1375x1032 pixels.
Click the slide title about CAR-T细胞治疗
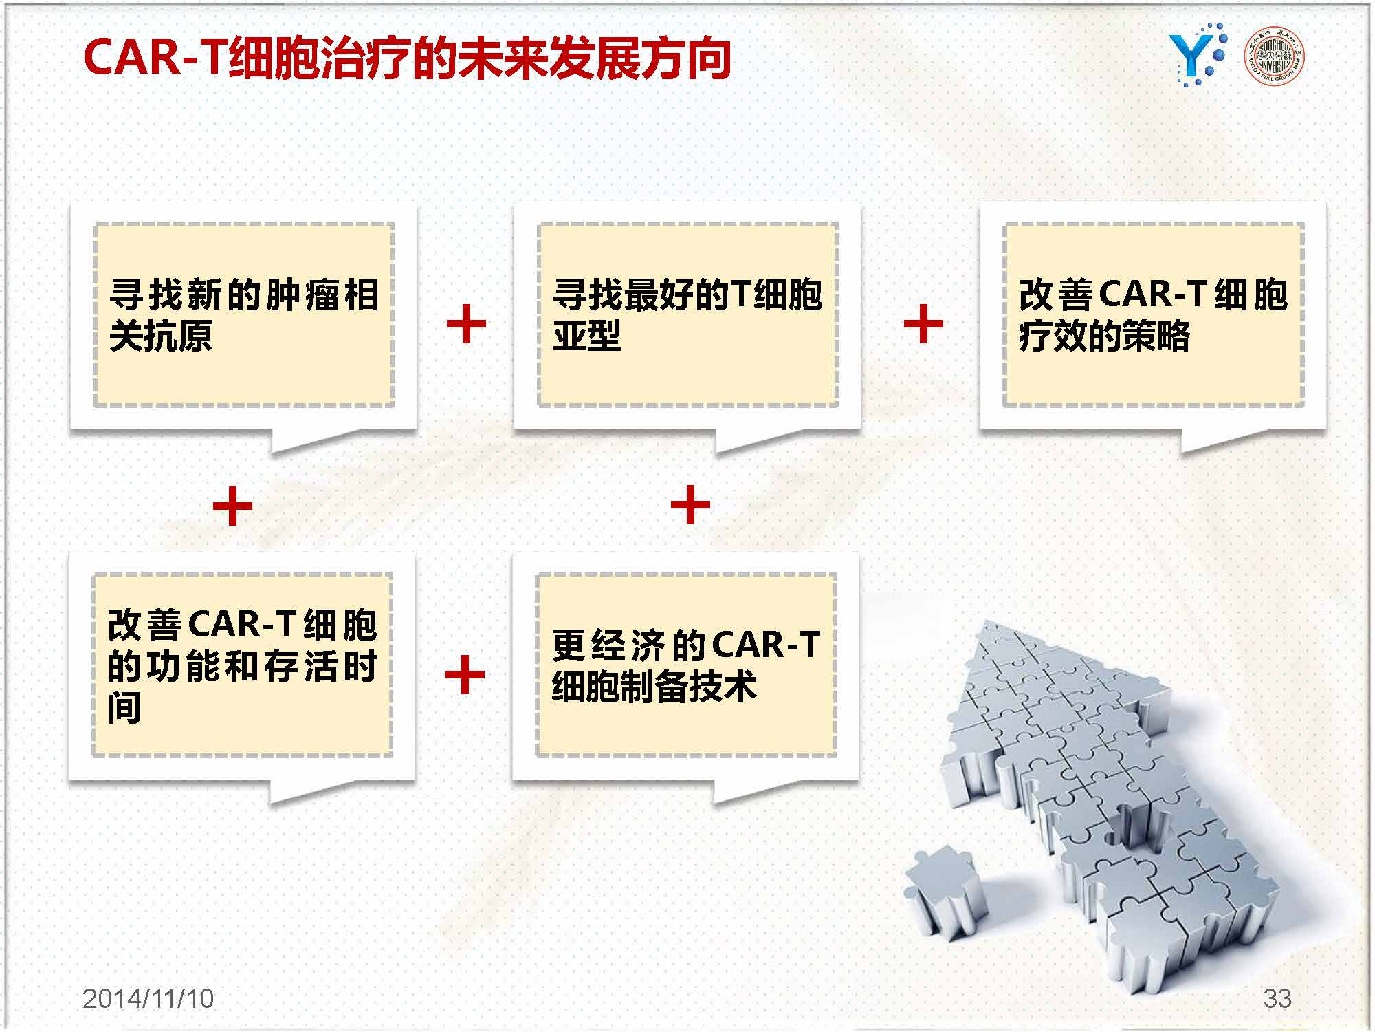[406, 58]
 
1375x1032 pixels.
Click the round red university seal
[1275, 56]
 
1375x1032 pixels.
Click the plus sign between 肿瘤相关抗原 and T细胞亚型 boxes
[466, 323]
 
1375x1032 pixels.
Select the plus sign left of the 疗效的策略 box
[923, 323]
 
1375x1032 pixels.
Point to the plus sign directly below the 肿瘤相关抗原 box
[233, 506]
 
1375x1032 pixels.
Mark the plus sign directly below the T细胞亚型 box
[690, 505]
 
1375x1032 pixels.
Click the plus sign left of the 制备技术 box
[465, 674]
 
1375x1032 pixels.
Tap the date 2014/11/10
[148, 998]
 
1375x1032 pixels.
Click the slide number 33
[1277, 998]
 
